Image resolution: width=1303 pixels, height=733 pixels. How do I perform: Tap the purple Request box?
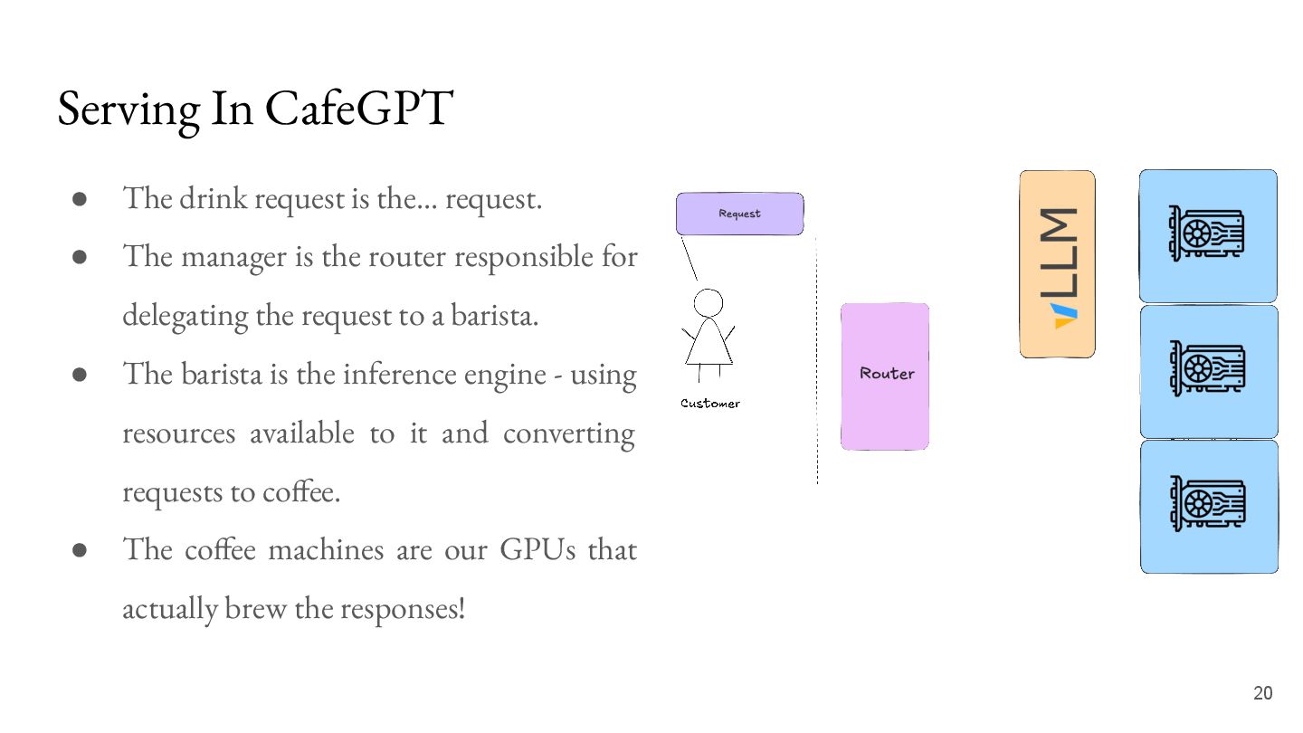739,214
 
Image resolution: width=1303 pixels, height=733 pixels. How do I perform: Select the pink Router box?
885,376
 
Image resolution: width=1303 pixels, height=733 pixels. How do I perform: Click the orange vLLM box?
1057,263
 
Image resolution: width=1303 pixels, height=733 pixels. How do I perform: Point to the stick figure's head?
708,302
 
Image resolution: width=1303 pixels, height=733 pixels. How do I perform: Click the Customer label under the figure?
710,404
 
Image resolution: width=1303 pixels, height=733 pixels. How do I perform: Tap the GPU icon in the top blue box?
1206,233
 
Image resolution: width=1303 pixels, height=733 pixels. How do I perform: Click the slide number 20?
1262,693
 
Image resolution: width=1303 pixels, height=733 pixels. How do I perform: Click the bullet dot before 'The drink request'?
80,198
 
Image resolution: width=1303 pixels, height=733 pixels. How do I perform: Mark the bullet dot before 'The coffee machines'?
80,550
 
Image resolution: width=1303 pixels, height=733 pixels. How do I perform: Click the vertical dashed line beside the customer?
816,362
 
